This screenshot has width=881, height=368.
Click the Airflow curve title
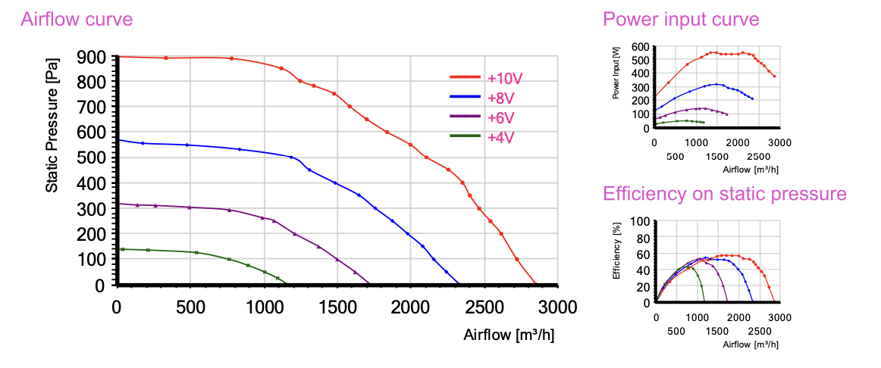(77, 20)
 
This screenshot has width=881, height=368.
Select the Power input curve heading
(680, 19)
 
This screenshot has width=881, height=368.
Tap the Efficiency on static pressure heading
(724, 194)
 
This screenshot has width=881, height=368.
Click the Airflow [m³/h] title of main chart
(509, 335)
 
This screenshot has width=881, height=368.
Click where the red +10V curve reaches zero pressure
(535, 284)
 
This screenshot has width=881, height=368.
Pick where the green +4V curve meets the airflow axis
(286, 284)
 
